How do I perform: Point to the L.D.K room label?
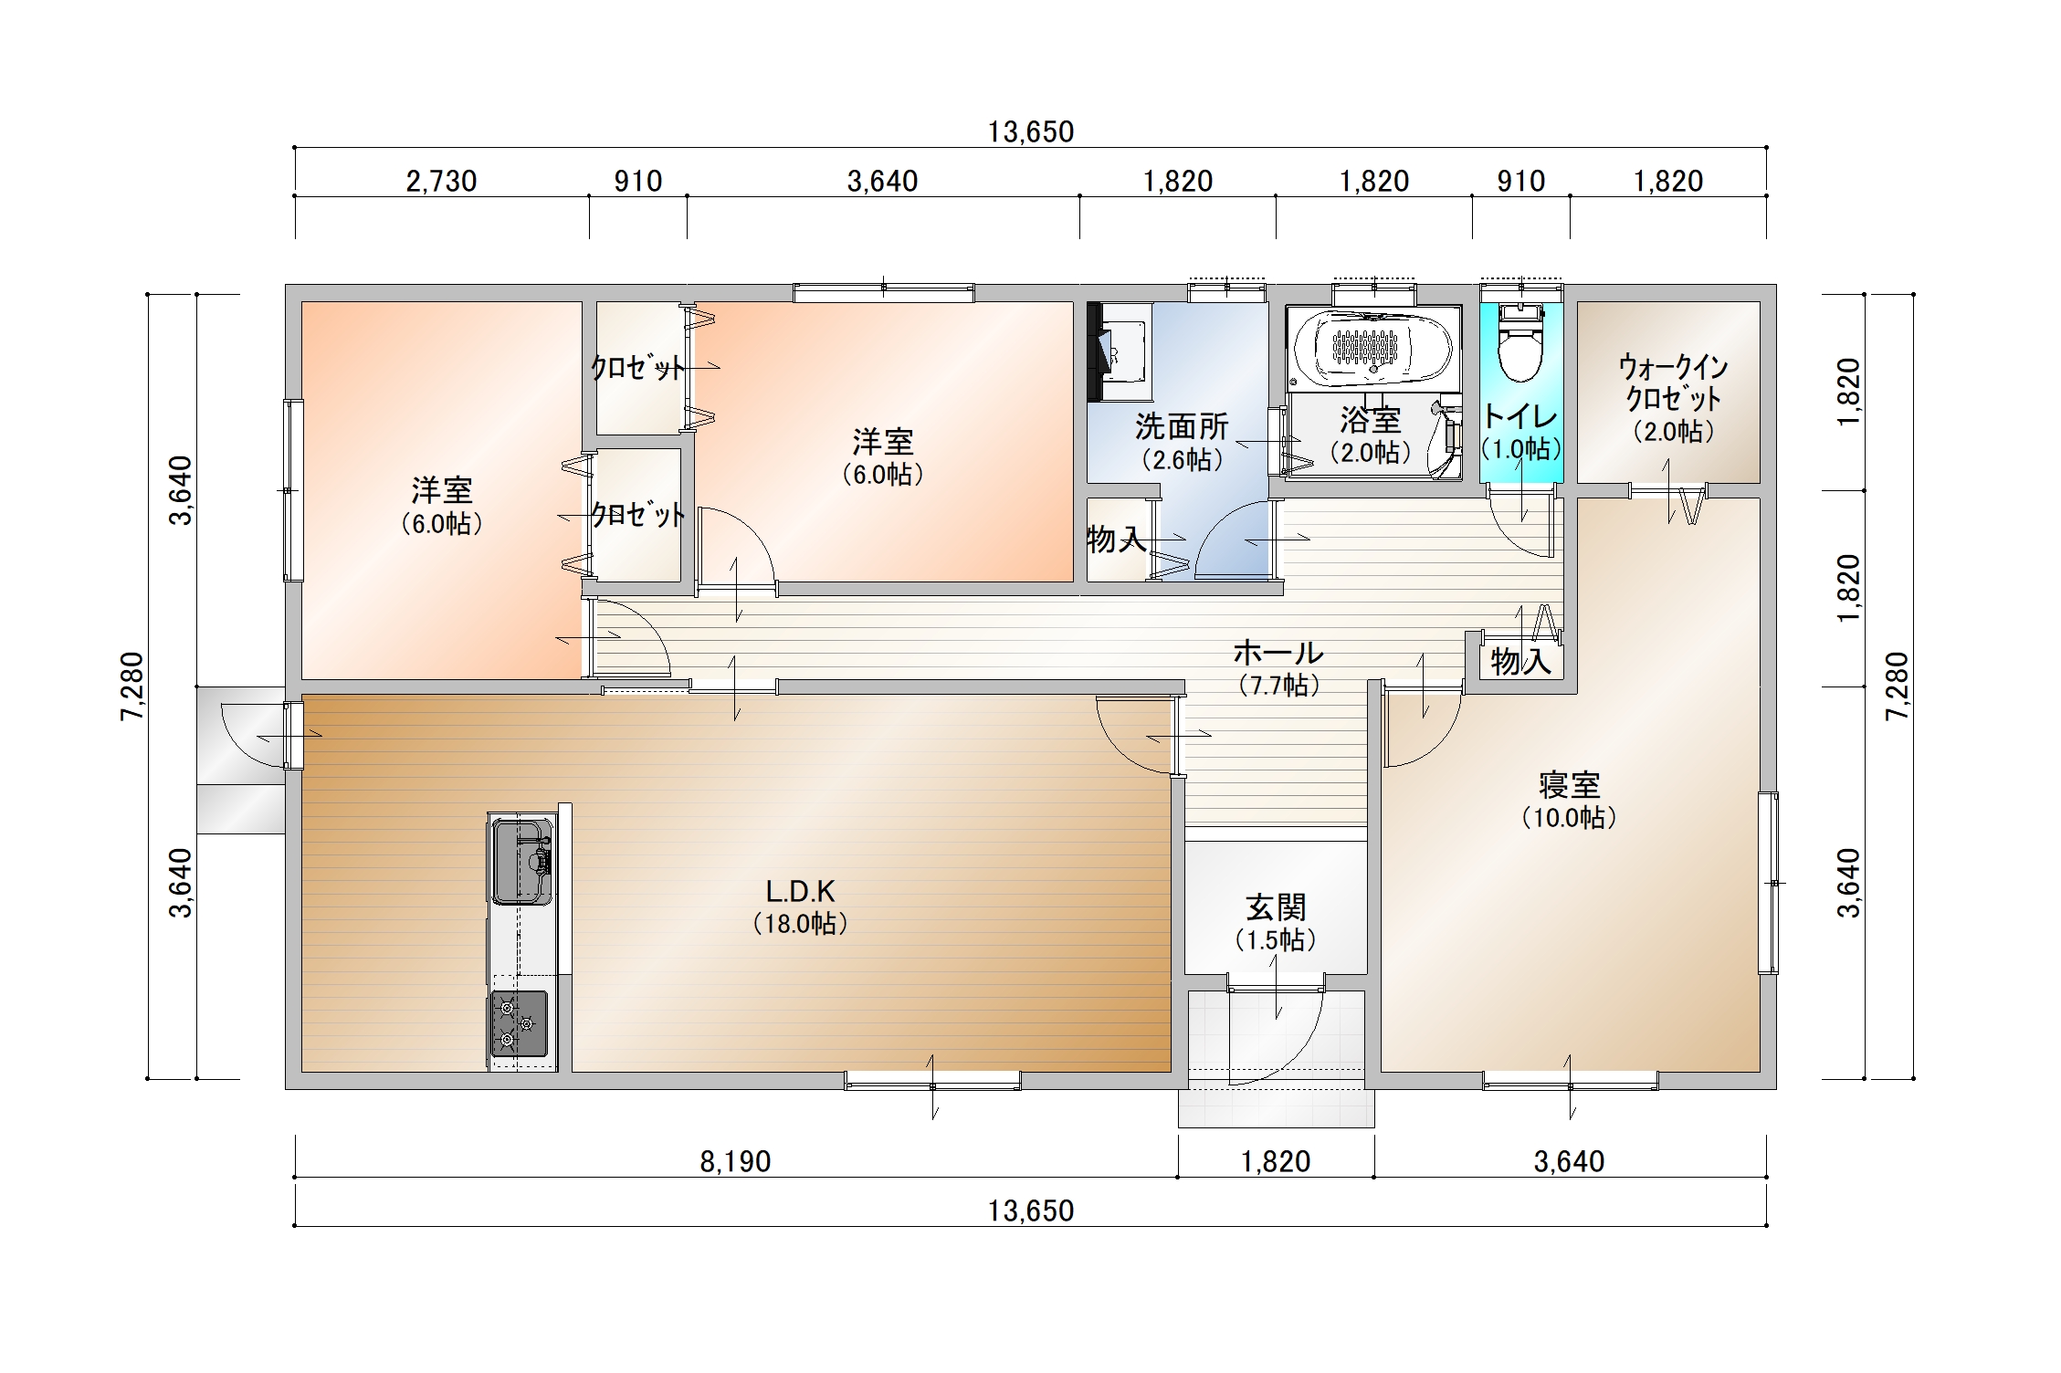(800, 891)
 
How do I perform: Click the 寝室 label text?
(1569, 785)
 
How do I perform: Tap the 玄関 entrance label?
(1276, 907)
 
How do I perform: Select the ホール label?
(1278, 653)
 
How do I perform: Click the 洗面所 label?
(1182, 426)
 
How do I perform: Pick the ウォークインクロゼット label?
(1674, 383)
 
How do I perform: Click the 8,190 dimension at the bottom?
(735, 1161)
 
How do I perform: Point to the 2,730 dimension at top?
(441, 181)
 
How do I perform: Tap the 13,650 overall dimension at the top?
(1031, 131)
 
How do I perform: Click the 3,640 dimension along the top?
(882, 181)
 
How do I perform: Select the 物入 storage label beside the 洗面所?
(1116, 540)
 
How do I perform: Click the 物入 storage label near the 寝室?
(1521, 662)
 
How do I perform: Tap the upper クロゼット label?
(637, 367)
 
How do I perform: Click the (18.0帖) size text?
(801, 924)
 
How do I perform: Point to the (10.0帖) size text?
(1569, 818)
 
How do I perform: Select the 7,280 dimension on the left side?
(132, 686)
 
